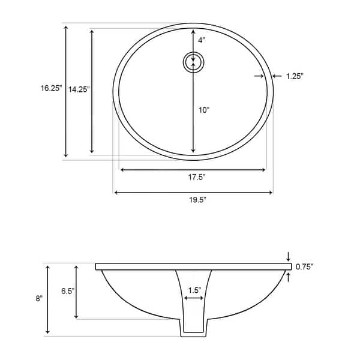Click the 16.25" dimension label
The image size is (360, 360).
click(x=51, y=88)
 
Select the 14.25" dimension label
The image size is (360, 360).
click(x=79, y=89)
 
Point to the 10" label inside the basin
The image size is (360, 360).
click(x=203, y=110)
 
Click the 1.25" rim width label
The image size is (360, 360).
click(x=295, y=76)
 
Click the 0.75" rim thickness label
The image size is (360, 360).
click(x=305, y=266)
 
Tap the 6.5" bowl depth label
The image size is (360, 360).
click(x=67, y=290)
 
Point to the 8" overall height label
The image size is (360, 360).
click(x=39, y=298)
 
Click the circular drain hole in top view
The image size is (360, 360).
click(x=193, y=62)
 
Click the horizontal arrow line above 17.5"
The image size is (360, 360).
click(x=193, y=170)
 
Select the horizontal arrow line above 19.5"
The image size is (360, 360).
click(x=193, y=193)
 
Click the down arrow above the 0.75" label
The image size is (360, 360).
click(x=289, y=257)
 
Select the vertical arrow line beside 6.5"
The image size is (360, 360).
click(x=76, y=291)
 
